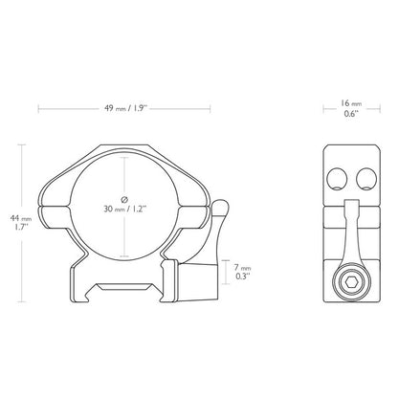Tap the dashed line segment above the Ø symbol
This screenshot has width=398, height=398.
tap(126, 172)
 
